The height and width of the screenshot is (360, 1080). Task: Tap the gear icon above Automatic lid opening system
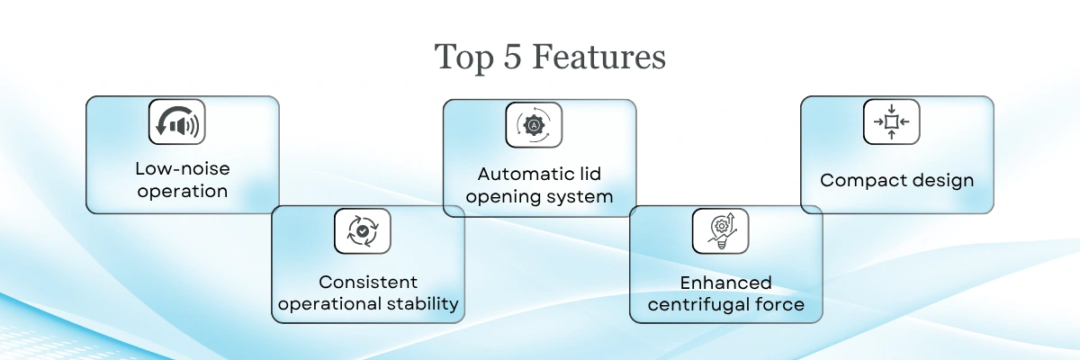533,125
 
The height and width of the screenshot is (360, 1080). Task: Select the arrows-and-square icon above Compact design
891,121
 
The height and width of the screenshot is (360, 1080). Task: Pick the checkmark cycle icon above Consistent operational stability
362,231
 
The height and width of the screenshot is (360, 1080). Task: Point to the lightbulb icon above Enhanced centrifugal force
720,230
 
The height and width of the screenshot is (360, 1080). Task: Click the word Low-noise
182,168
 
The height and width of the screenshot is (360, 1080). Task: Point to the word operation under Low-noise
182,191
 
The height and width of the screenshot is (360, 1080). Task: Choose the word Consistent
368,282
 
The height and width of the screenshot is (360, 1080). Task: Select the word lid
590,173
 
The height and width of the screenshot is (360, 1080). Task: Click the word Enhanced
726,283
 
